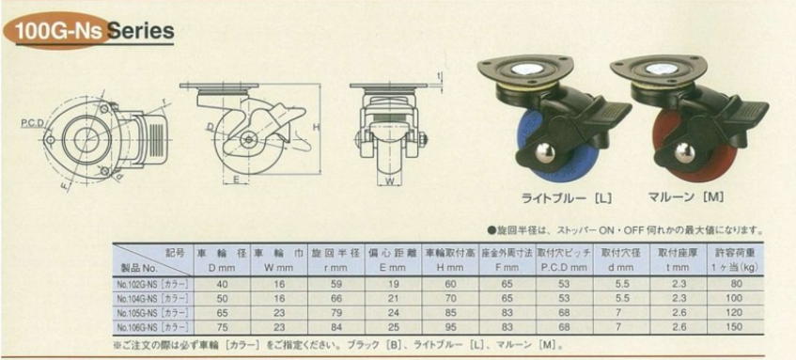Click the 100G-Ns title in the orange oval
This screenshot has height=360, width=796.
(x=54, y=30)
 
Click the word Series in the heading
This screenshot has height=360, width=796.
(x=140, y=30)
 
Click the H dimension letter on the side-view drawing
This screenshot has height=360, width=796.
(x=318, y=126)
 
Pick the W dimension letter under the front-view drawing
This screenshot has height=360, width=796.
(x=387, y=181)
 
